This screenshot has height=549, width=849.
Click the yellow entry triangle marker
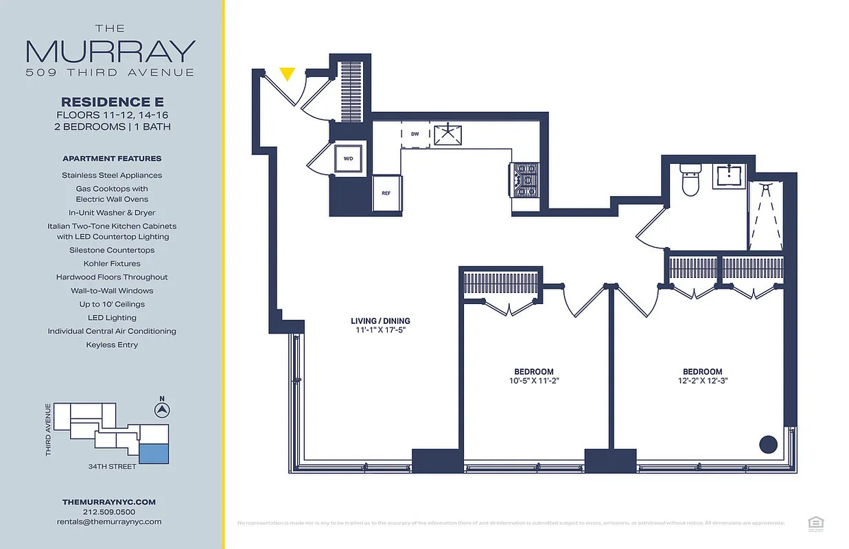coord(288,73)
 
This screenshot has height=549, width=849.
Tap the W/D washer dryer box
coord(348,159)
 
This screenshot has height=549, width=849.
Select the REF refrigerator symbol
coord(386,194)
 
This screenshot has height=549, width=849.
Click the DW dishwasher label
coord(415,134)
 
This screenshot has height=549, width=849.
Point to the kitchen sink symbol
coord(449,134)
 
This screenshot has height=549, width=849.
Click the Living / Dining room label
coord(380,320)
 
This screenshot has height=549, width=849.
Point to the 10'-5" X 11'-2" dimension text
coord(535,381)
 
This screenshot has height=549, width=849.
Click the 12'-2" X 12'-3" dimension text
coord(701,381)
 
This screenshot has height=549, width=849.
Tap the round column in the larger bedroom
coord(767,443)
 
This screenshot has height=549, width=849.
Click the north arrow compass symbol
coord(162,410)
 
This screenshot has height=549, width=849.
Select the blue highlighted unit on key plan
coord(153,452)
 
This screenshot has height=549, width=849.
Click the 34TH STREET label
coord(112,467)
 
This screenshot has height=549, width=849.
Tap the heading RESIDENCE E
coord(112,102)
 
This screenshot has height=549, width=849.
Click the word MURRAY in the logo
coord(111,51)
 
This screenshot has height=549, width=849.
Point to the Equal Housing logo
coord(815,522)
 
